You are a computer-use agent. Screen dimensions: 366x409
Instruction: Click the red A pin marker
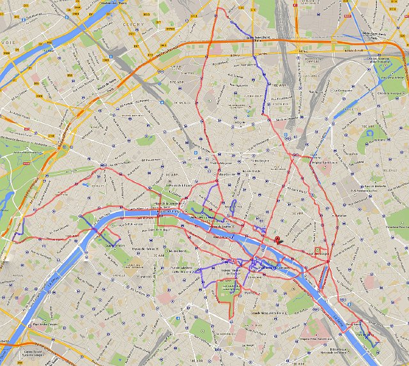278,240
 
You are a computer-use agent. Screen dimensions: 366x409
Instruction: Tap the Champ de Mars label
115,244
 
